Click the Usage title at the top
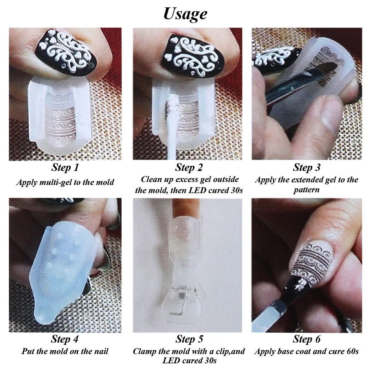(185, 14)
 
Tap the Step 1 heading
(65, 167)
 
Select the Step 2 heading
(189, 167)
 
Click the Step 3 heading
(306, 167)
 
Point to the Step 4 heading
(65, 339)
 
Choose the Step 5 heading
(189, 339)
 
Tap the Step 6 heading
(306, 339)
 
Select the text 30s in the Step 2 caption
(236, 190)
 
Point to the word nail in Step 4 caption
(101, 351)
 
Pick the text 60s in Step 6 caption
(353, 351)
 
